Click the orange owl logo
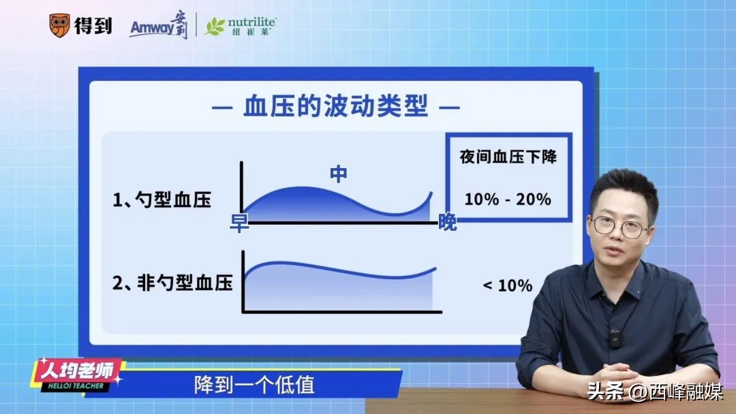pos(60,26)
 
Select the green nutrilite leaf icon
pos(215,27)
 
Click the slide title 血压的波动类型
pos(335,108)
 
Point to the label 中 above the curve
pos(338,174)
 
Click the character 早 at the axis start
pos(239,223)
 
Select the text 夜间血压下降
pos(508,157)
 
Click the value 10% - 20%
pos(508,200)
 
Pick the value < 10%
pos(508,285)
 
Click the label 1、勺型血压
pos(162,200)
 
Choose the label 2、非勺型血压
pos(172,283)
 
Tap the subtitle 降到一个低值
pos(254,385)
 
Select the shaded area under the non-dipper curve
pos(341,289)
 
